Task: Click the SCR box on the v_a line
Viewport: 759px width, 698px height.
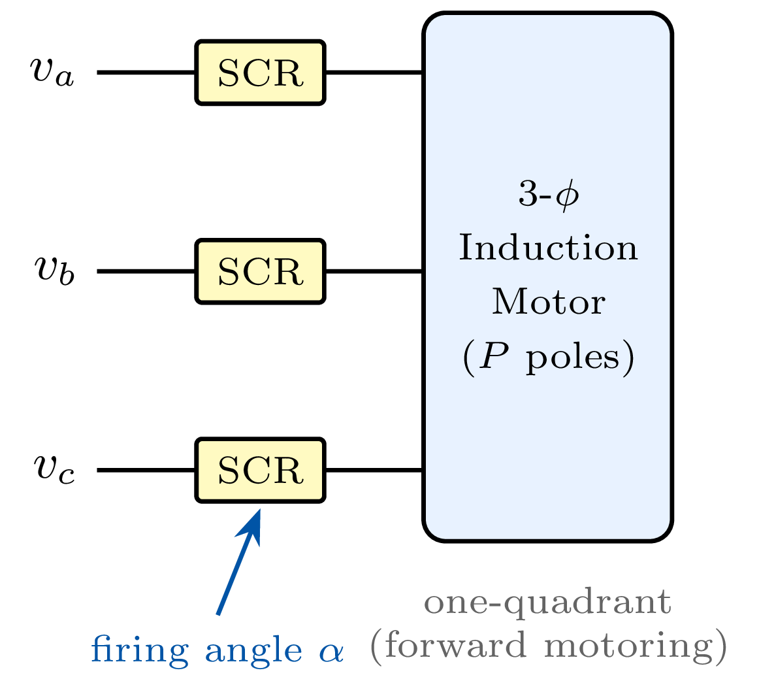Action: [x=260, y=73]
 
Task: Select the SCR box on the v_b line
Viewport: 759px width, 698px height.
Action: [x=260, y=271]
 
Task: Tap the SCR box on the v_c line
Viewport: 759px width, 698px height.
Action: [x=260, y=470]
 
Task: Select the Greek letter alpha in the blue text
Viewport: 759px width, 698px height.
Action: [x=331, y=651]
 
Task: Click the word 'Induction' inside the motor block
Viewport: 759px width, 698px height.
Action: [x=548, y=249]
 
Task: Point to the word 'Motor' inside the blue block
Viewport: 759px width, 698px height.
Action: [x=548, y=303]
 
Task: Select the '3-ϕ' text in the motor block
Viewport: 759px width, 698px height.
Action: [x=548, y=195]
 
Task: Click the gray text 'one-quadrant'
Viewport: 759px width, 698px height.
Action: [x=547, y=603]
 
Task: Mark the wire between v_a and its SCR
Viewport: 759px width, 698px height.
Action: [x=146, y=73]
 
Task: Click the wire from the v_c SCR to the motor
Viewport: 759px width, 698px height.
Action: [x=374, y=470]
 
